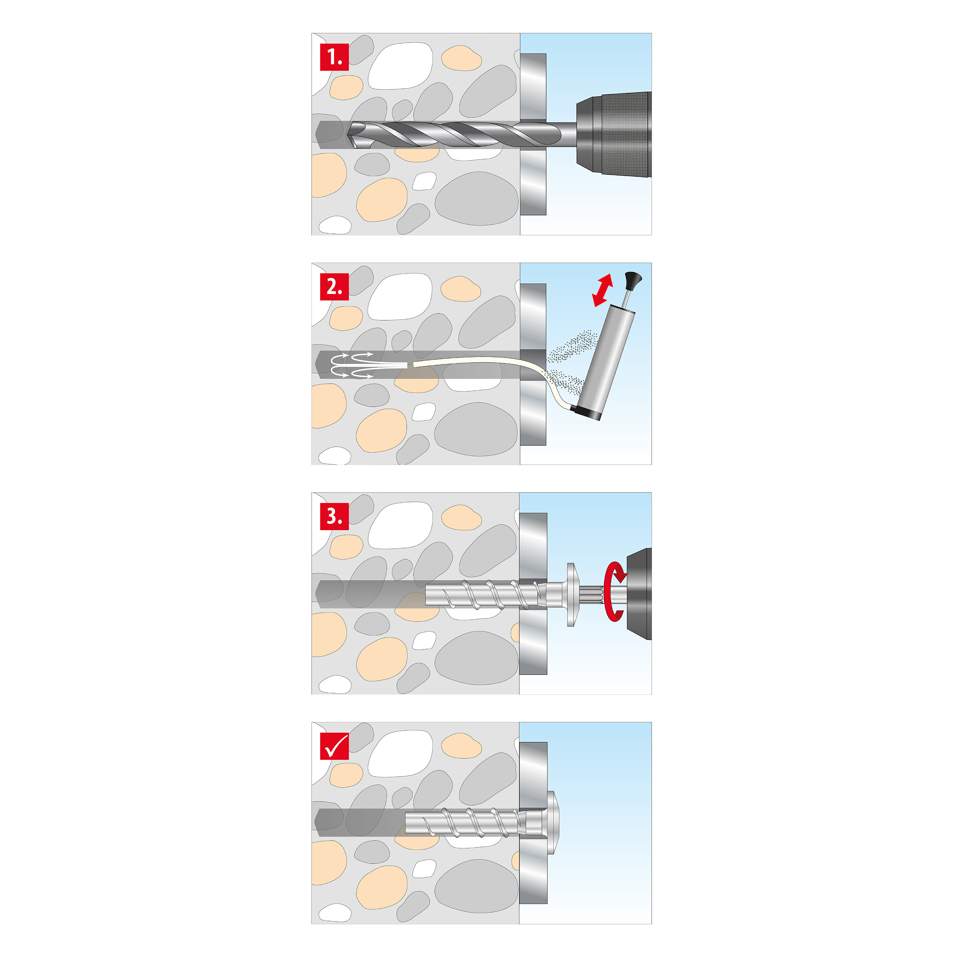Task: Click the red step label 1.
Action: [x=334, y=57]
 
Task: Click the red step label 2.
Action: [x=334, y=286]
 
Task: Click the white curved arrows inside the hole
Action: [x=352, y=366]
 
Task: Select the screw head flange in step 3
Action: [x=571, y=594]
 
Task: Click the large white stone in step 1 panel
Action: [x=400, y=66]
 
